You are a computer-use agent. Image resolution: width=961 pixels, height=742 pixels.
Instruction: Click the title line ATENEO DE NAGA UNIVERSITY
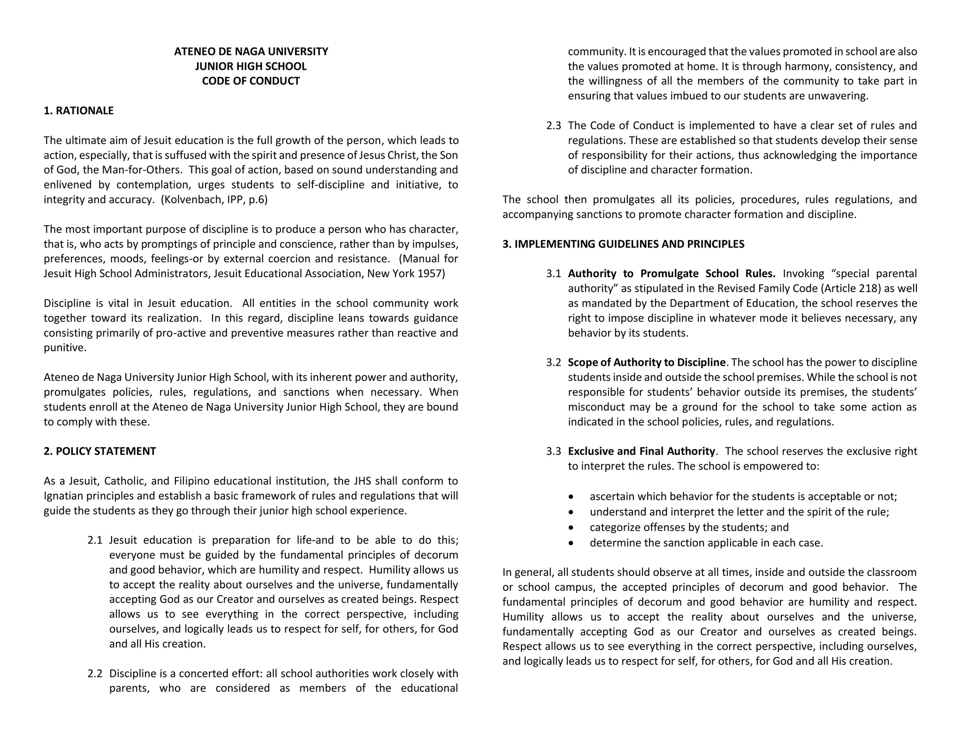click(x=251, y=52)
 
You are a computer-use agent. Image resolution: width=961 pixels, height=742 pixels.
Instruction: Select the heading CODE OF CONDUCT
click(x=251, y=81)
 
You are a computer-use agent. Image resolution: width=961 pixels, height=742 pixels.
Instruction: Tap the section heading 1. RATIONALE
click(x=78, y=111)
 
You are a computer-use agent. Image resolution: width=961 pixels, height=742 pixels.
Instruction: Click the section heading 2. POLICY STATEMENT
click(x=99, y=451)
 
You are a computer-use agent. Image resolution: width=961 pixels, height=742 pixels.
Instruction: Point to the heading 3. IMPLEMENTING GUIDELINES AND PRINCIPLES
click(x=623, y=244)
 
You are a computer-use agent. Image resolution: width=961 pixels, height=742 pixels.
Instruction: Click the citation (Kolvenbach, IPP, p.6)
click(x=214, y=200)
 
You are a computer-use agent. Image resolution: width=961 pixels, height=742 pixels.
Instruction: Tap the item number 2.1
click(x=95, y=540)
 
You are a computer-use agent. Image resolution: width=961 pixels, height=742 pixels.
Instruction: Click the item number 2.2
click(x=95, y=674)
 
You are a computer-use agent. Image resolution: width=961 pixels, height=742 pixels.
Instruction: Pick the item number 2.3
click(x=553, y=126)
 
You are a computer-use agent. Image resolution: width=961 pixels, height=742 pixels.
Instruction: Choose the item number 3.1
click(x=553, y=273)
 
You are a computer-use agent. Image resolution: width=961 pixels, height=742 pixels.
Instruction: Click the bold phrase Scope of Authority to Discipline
click(x=647, y=363)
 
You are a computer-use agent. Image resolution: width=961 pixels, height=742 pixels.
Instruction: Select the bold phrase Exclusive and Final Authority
click(x=641, y=451)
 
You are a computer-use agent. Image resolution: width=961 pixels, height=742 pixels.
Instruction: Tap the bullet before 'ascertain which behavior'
click(x=571, y=497)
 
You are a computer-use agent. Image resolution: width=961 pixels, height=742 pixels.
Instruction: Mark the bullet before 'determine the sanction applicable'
click(x=571, y=543)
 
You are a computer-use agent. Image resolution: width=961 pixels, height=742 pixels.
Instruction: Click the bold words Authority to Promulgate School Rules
click(x=671, y=273)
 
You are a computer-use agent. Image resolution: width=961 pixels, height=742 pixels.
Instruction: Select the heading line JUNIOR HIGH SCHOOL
click(x=251, y=67)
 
